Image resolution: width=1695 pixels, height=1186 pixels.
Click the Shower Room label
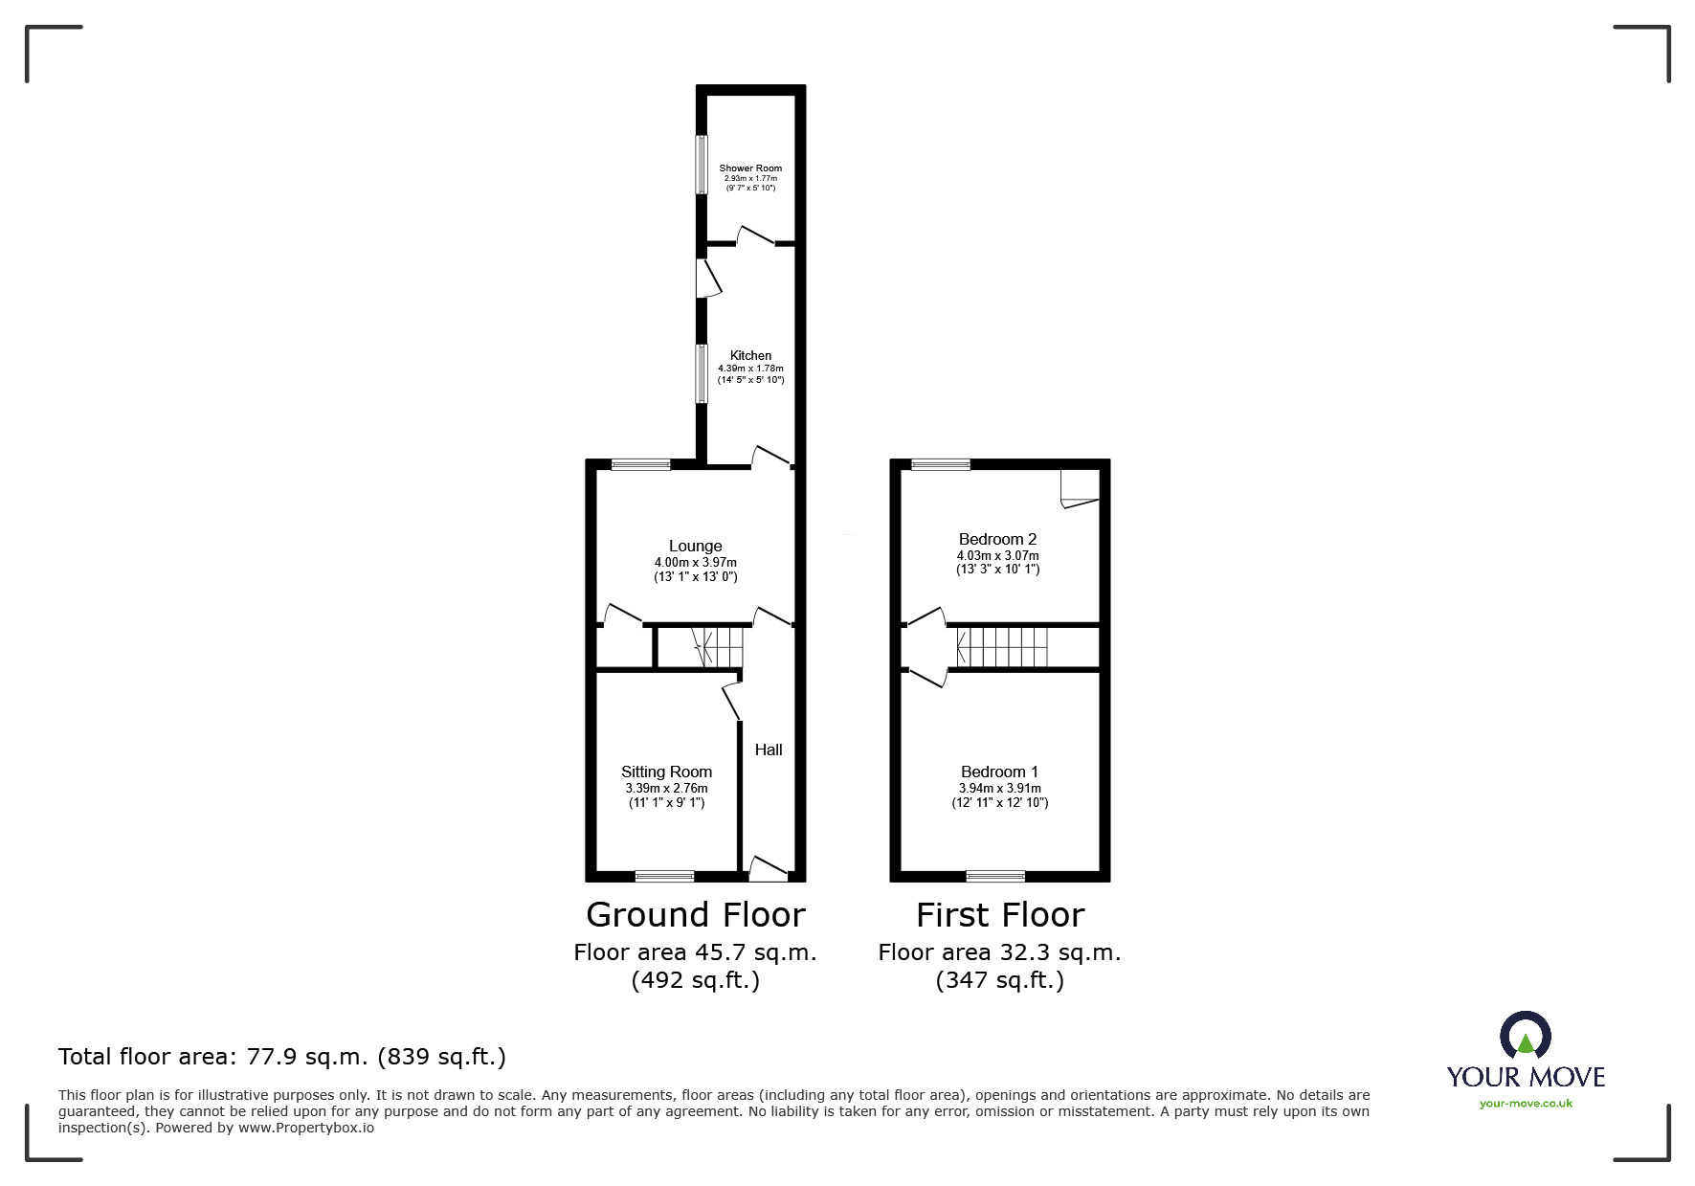(x=750, y=168)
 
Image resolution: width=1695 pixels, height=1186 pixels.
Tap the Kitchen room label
(x=750, y=355)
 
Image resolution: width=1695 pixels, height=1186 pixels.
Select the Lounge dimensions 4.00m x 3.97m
(x=696, y=563)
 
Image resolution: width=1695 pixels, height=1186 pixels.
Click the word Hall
(x=769, y=750)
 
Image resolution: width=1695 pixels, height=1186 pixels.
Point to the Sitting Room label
(x=666, y=772)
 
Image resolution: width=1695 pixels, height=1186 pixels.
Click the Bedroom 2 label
(x=997, y=539)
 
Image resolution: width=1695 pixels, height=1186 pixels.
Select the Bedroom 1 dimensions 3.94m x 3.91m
(x=999, y=789)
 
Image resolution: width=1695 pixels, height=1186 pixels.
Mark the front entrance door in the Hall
(x=768, y=869)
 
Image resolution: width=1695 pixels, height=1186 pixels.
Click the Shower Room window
(x=702, y=165)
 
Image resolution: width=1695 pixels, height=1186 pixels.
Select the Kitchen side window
(x=702, y=372)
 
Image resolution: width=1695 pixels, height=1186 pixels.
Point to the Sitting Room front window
(x=665, y=875)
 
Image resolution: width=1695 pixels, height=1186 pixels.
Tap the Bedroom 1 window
(x=995, y=875)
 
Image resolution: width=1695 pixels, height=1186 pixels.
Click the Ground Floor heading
(x=696, y=915)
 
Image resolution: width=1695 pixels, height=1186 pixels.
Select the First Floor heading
(x=1000, y=915)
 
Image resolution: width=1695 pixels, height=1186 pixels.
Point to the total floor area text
(x=282, y=1057)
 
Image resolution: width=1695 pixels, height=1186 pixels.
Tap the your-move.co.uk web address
(x=1526, y=1104)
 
